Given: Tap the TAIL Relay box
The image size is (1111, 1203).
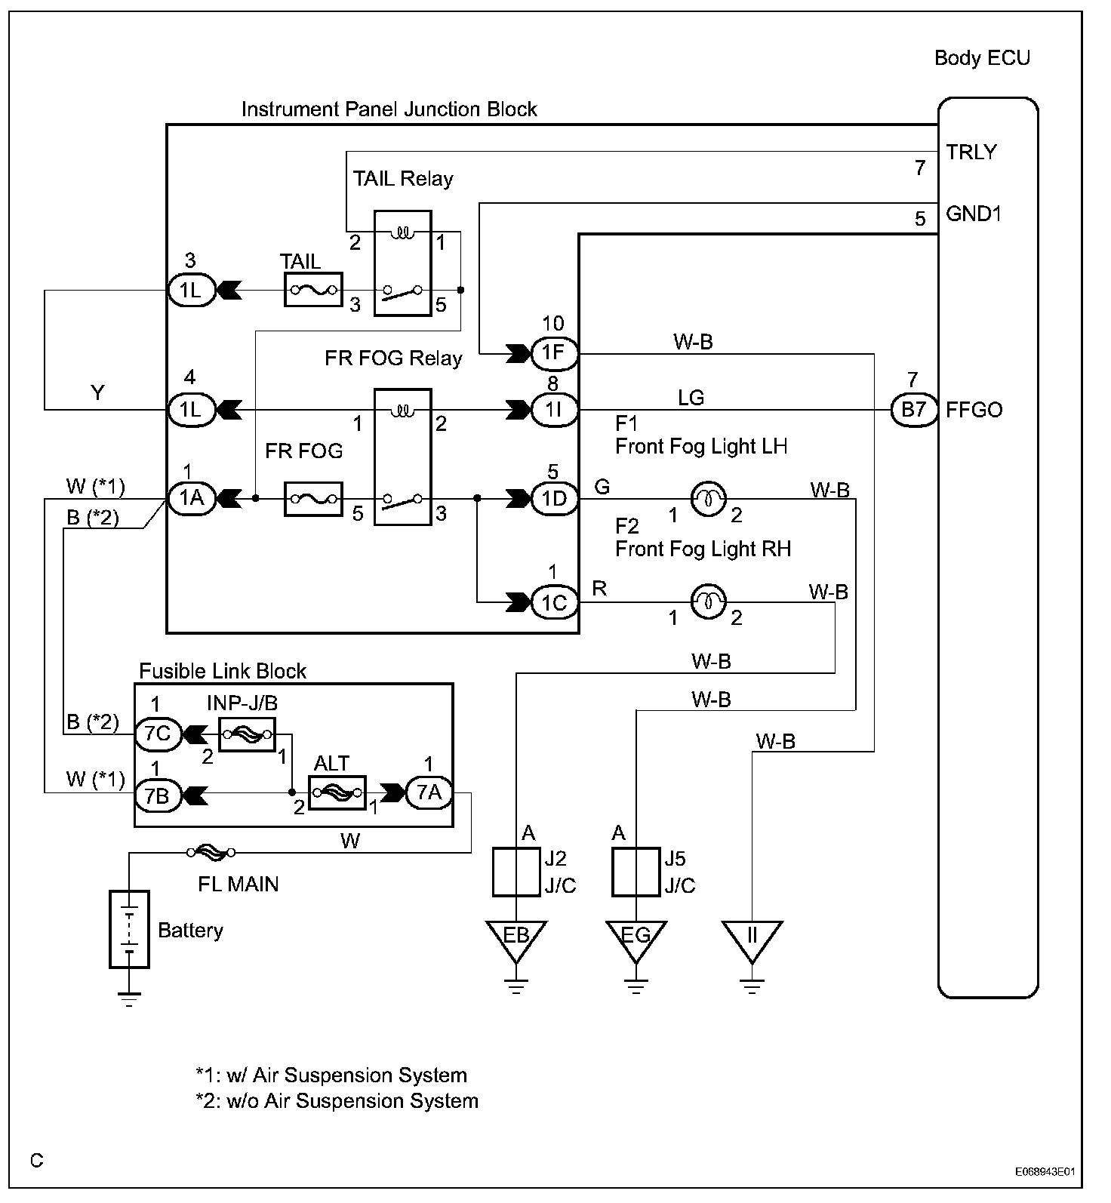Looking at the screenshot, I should tap(403, 263).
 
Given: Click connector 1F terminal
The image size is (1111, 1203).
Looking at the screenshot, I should tap(554, 352).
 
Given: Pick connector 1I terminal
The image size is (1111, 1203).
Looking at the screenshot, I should tap(554, 411).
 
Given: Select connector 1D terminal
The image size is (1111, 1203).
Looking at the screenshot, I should tap(554, 499).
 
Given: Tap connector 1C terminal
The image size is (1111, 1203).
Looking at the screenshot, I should tap(554, 602).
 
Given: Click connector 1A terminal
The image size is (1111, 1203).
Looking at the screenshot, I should tap(191, 499).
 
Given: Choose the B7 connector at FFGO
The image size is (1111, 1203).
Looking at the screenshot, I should tap(913, 411).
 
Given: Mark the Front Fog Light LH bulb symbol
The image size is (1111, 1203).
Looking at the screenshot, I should tap(709, 499).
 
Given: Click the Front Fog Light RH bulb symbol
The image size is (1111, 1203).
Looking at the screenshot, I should tap(709, 601).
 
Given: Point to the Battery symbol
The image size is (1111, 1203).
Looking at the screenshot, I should tap(129, 929).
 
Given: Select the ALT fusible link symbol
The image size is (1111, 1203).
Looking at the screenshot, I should tap(337, 792).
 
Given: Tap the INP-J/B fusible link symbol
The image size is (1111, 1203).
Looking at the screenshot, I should tap(247, 734).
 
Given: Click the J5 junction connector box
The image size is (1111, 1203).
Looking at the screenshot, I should tap(636, 872).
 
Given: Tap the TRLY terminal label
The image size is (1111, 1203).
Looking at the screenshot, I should tap(971, 152).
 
